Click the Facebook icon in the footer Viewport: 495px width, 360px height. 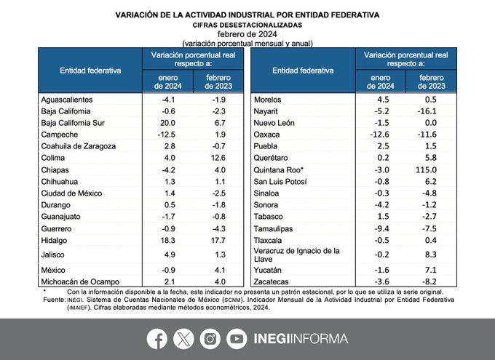pyautogui.click(x=157, y=339)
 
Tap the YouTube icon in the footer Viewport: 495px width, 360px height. pyautogui.click(x=237, y=339)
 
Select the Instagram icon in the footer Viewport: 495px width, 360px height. pyautogui.click(x=210, y=339)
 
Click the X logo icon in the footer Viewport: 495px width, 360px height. pyautogui.click(x=183, y=339)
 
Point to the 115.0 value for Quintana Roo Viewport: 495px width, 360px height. pyautogui.click(x=426, y=169)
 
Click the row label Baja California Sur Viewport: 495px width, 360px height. pyautogui.click(x=73, y=123)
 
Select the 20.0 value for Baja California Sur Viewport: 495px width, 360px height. pyautogui.click(x=167, y=123)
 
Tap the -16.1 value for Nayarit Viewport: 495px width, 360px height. pyautogui.click(x=427, y=111)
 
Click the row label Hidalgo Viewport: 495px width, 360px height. pyautogui.click(x=54, y=241)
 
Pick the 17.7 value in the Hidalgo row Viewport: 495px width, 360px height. pyautogui.click(x=218, y=241)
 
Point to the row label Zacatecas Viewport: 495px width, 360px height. pyautogui.click(x=272, y=281)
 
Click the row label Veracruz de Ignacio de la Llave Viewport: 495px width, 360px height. pyautogui.click(x=297, y=255)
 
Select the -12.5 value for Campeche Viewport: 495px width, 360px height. pyautogui.click(x=167, y=135)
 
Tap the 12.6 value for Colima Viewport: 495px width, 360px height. pyautogui.click(x=218, y=158)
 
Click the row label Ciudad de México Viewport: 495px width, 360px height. pyautogui.click(x=71, y=193)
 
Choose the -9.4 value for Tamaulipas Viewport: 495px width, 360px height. pyautogui.click(x=381, y=228)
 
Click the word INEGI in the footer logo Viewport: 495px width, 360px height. pyautogui.click(x=272, y=339)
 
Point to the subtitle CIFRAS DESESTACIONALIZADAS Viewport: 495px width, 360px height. pyautogui.click(x=247, y=25)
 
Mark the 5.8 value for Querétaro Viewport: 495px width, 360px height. pyautogui.click(x=431, y=158)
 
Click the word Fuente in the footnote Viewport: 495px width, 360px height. pyautogui.click(x=54, y=300)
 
